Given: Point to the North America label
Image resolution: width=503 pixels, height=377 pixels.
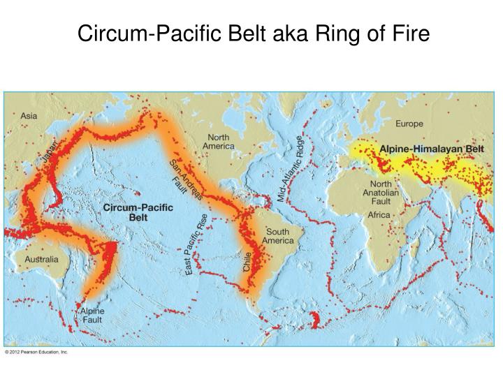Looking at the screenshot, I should [x=218, y=142].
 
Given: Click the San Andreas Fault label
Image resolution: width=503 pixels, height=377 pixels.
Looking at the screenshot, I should [x=184, y=180].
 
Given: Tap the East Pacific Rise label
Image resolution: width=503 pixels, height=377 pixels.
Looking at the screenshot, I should [x=197, y=244].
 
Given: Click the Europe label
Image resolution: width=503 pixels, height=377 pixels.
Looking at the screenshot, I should [x=409, y=124].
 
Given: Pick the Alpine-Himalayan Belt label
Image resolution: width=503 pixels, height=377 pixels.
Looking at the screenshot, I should [x=431, y=149].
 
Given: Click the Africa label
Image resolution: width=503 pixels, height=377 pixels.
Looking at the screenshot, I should [x=379, y=215].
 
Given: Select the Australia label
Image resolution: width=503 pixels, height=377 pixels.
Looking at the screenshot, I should [x=42, y=259].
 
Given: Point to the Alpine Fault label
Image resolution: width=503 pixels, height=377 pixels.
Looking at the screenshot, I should [x=92, y=315].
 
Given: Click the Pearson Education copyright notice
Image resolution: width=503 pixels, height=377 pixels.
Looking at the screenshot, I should [x=36, y=353].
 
